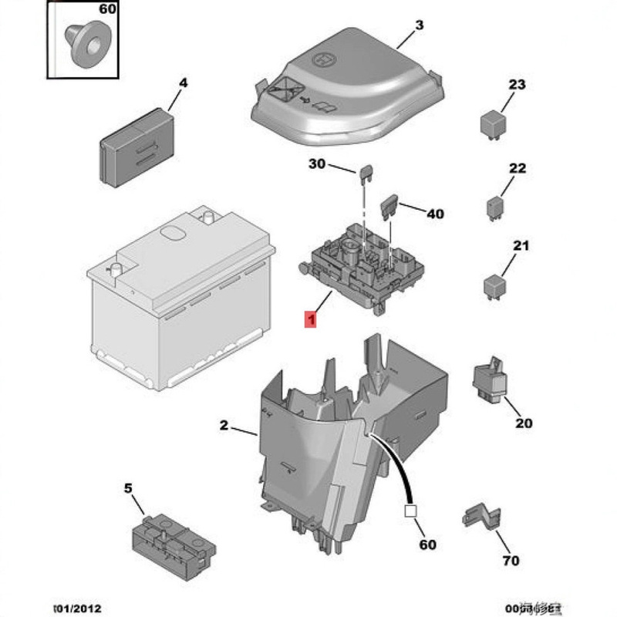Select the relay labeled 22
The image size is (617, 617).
coord(494,207)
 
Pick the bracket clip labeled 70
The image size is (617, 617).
coord(480,518)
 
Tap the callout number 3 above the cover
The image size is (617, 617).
coord(419,25)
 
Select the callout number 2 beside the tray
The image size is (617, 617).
coord(224,426)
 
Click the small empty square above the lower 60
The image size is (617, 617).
coord(410,510)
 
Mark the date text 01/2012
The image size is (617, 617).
coord(76,608)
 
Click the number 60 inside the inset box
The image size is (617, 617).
coord(107,10)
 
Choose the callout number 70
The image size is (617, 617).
coord(511,561)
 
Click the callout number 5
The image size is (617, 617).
coord(129,488)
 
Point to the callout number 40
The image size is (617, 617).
coord(436,214)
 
